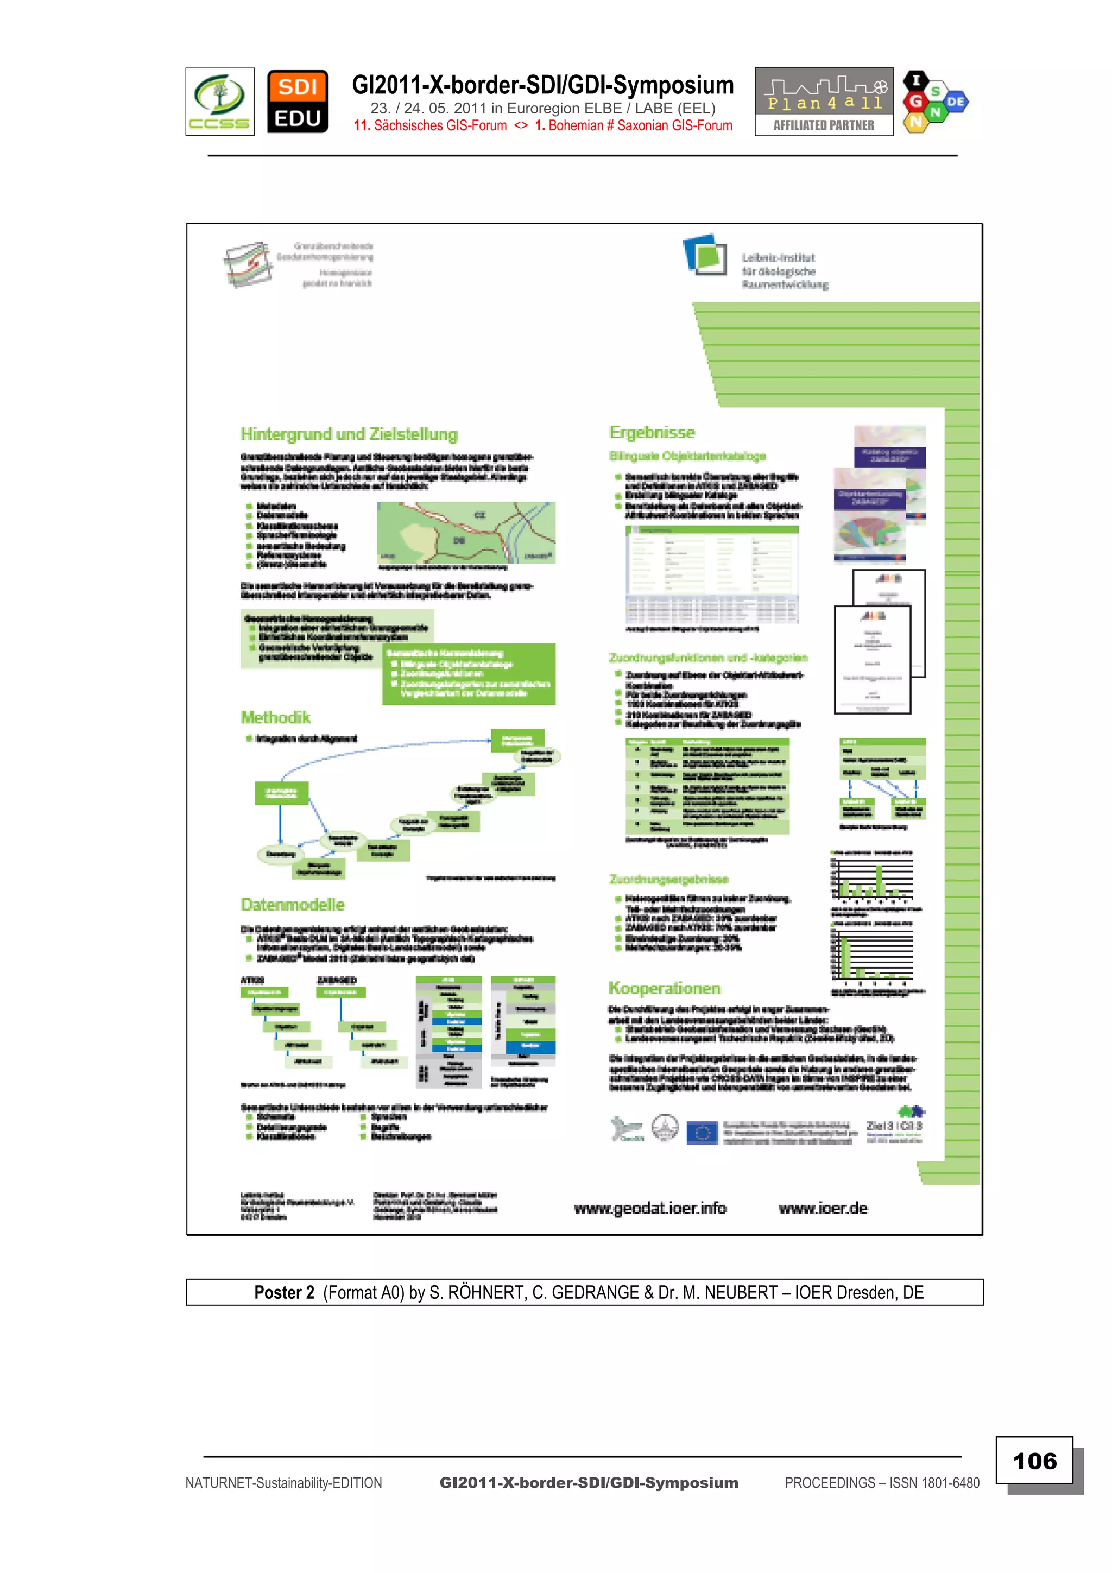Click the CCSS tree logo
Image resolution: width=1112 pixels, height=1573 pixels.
220,102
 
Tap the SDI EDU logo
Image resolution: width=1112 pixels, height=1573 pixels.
298,102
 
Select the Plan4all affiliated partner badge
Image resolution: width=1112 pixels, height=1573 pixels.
824,102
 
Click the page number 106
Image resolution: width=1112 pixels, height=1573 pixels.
1034,1461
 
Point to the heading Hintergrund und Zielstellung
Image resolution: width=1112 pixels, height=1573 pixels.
349,434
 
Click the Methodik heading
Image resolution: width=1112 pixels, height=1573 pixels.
275,717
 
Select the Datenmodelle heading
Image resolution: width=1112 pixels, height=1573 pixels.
293,905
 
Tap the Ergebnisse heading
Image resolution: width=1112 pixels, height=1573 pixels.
652,432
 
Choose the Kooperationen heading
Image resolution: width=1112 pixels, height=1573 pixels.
664,988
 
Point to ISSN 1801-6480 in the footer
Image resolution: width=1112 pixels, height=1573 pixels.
934,1482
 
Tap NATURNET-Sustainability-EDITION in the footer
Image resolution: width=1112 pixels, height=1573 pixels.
283,1482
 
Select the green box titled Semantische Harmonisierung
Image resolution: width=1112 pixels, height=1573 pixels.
469,674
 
